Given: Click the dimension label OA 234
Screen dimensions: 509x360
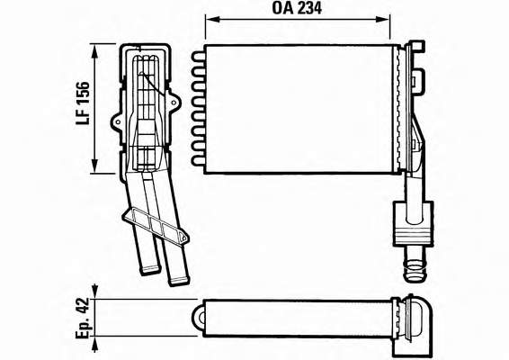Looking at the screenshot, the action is point(297,8).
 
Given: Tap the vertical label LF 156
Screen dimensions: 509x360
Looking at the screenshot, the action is point(83,103).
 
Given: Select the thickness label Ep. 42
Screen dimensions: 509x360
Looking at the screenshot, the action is point(83,318).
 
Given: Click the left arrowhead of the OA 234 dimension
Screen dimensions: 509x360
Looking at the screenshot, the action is point(212,19).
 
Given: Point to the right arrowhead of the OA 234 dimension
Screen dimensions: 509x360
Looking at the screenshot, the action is point(382,19).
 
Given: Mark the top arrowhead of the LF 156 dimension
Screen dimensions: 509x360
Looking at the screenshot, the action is point(94,51).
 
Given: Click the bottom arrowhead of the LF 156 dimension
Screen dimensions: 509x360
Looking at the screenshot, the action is point(94,166).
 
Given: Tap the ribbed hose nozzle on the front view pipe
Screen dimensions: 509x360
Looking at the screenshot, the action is point(414,265).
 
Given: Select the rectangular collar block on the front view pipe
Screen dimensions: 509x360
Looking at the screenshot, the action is point(413,223).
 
